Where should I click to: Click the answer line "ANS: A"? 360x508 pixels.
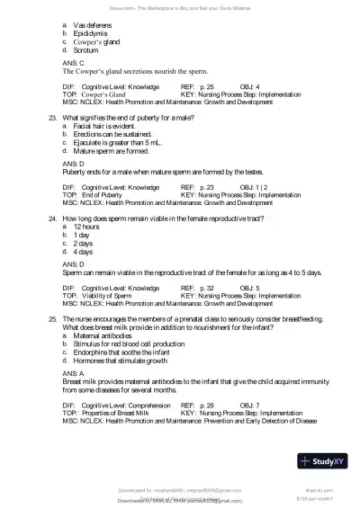tap(73, 372)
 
